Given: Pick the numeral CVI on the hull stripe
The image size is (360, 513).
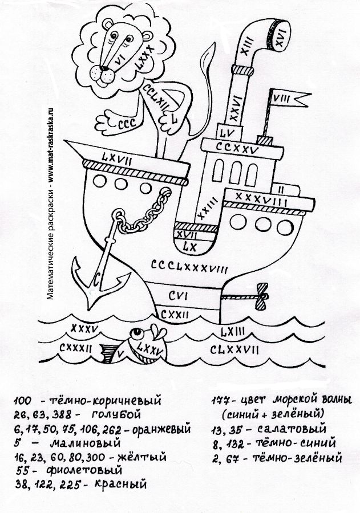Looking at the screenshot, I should click(179, 295).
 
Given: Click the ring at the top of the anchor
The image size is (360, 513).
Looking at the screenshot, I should click(117, 216).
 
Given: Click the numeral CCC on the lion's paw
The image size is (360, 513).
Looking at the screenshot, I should click(125, 124).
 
